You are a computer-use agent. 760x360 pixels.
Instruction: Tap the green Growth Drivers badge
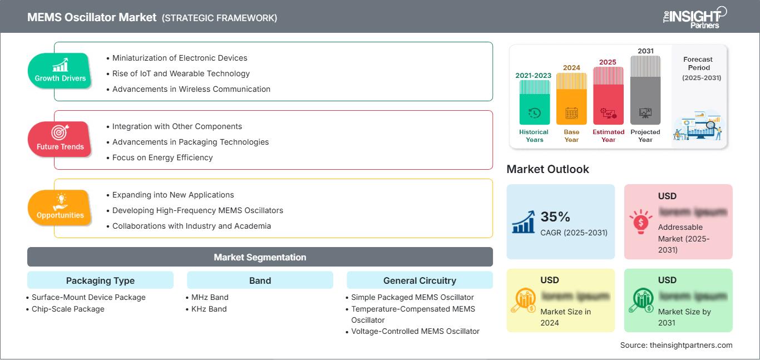[60, 71]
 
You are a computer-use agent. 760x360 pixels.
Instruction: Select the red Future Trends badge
[60, 139]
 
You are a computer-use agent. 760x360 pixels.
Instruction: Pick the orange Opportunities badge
[60, 207]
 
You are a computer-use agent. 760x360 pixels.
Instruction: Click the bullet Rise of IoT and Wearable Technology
[181, 73]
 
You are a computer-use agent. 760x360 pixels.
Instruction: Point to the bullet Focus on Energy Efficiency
[162, 157]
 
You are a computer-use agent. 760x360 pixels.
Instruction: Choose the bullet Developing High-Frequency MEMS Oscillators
[198, 210]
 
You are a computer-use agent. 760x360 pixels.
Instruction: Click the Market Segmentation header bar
[260, 257]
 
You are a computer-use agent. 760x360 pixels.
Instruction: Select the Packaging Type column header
[100, 280]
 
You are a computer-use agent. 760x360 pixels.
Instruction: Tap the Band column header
[260, 280]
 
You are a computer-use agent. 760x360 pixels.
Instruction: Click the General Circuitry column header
[420, 280]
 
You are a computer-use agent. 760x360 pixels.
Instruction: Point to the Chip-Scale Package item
[68, 309]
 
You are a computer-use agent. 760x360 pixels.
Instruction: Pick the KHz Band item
[209, 309]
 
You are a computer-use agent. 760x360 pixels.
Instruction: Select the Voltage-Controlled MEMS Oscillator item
[415, 331]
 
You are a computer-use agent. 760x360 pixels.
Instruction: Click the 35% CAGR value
[555, 217]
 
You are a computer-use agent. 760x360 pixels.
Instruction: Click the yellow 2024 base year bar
[571, 99]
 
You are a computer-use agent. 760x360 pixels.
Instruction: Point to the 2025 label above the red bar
[608, 62]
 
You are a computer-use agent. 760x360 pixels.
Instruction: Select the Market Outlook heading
[547, 169]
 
